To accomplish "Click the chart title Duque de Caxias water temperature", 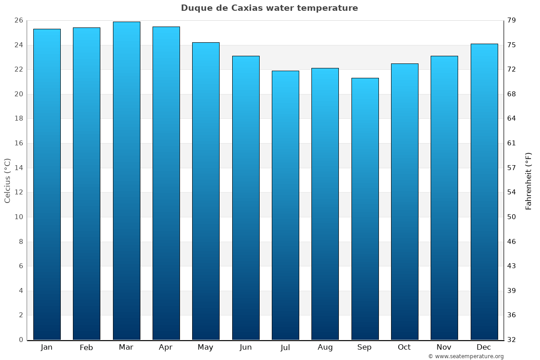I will coord(269,8).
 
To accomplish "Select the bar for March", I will coord(126,180).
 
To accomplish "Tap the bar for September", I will coord(365,209).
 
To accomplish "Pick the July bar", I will coord(285,205).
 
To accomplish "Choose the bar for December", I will coord(484,192).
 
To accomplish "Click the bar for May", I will coord(206,191).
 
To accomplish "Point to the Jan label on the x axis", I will coord(46,347).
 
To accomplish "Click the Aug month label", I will coord(325,347).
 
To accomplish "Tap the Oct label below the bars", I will coord(404,347).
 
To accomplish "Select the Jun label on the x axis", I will coord(246,347).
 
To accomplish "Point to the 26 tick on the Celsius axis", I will coord(18,21).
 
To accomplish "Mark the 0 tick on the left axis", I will coord(21,340).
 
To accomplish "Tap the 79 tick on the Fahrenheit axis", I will coord(512,21).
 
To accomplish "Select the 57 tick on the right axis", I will coord(512,168).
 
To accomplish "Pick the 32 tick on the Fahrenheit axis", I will coord(512,340).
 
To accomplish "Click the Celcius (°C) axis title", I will coord(7,180).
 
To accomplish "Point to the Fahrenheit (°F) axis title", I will coord(528,180).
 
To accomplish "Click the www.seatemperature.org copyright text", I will coord(466,356).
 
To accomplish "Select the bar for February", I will coord(86,184).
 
